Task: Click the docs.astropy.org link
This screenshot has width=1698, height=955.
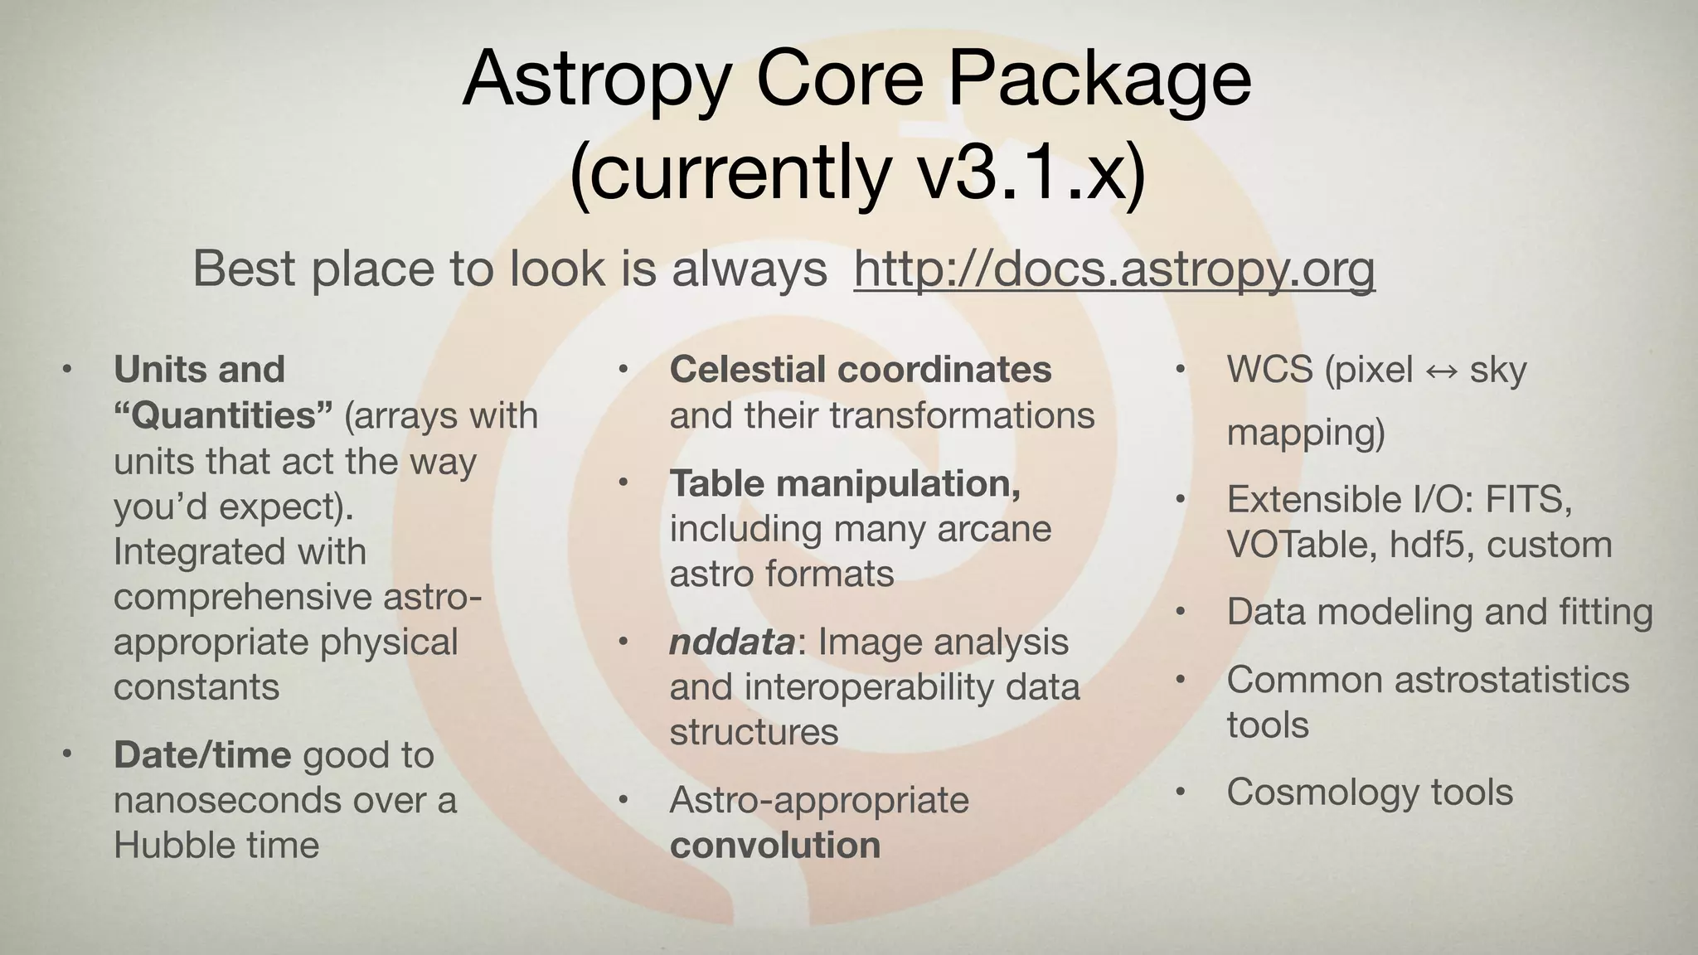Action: [x=1113, y=269]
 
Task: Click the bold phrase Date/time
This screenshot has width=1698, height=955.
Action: [x=202, y=755]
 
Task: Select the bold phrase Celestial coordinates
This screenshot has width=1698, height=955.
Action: [x=861, y=370]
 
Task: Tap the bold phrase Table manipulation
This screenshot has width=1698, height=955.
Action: [x=845, y=483]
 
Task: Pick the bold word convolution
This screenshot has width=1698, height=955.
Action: [x=775, y=846]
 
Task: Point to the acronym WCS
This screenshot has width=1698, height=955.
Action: [x=1269, y=370]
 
